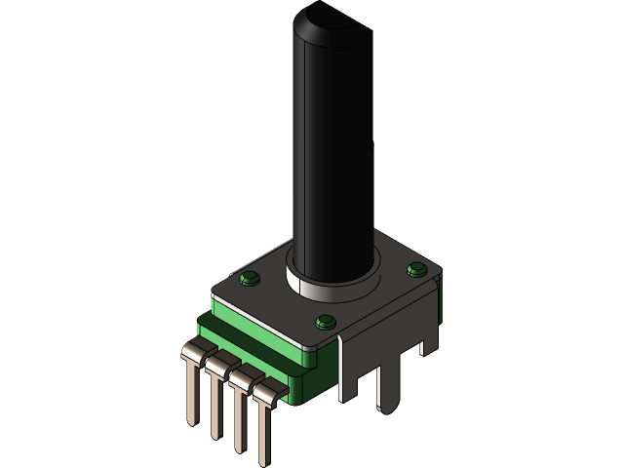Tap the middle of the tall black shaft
tap(332, 146)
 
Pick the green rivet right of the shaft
tap(417, 268)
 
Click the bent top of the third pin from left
tap(240, 375)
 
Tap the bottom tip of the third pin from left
tap(237, 448)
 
